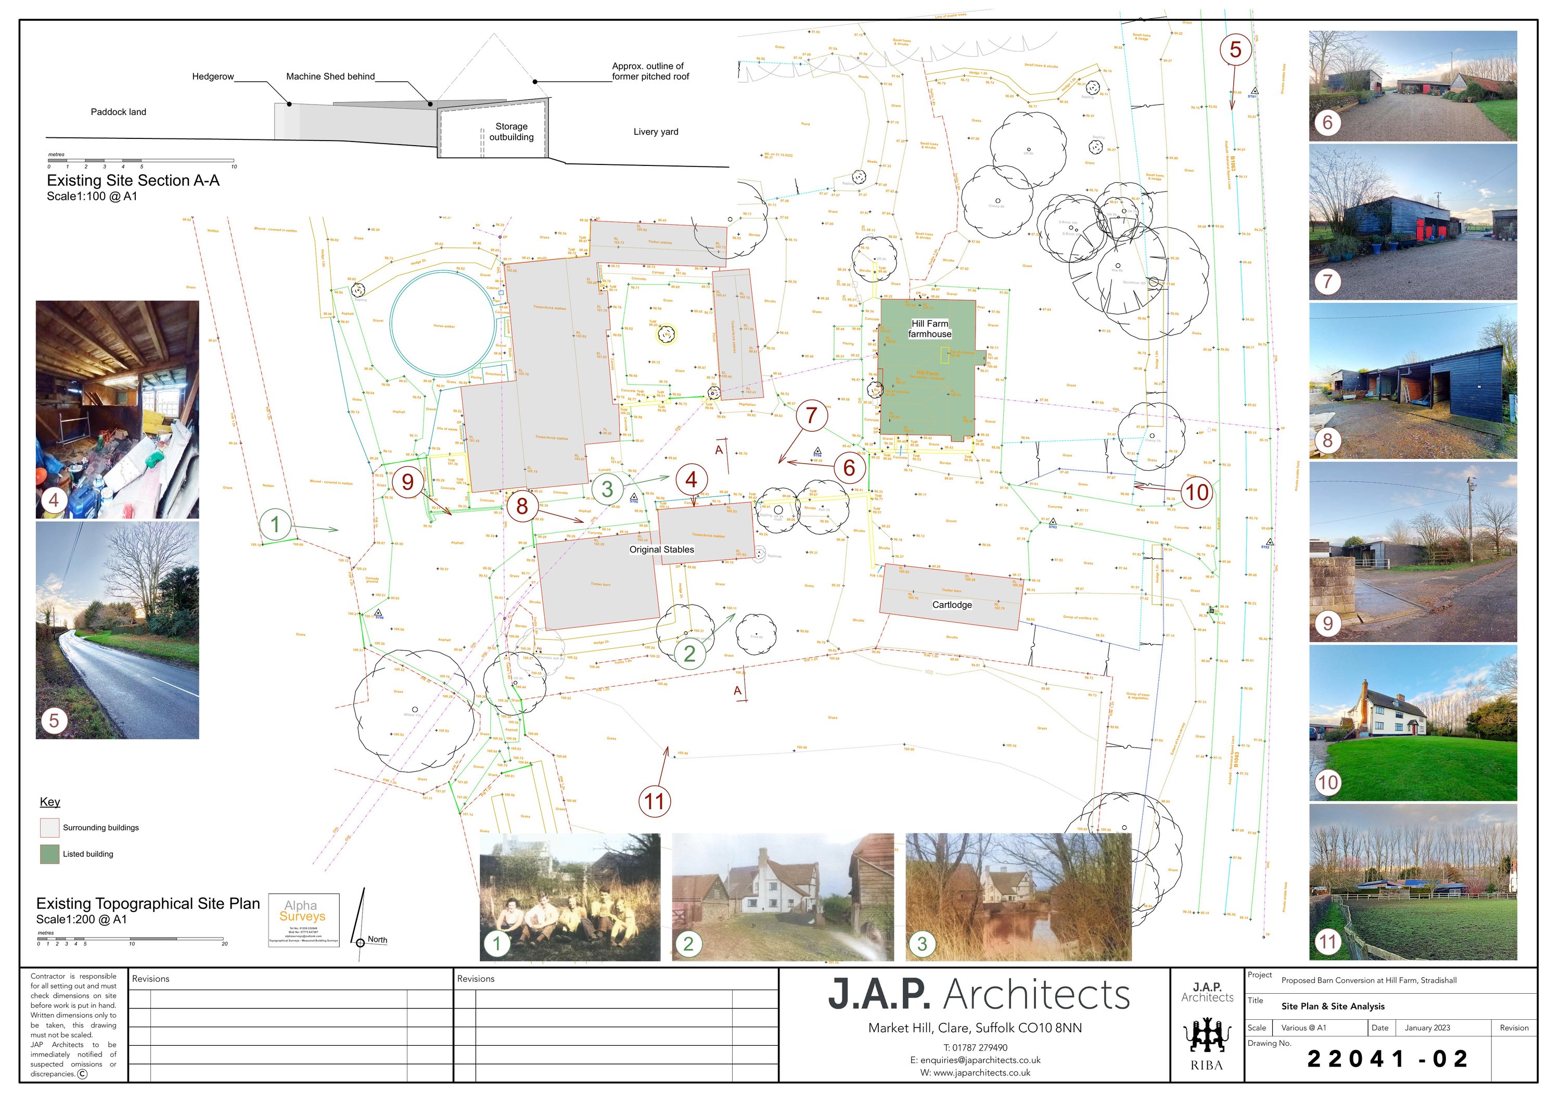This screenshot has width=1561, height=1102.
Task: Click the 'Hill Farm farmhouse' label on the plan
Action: (x=929, y=329)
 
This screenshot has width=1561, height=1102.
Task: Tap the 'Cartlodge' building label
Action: (x=952, y=605)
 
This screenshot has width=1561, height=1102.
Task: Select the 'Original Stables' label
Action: (x=661, y=549)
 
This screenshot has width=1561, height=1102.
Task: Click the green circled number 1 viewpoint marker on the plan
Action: (x=275, y=524)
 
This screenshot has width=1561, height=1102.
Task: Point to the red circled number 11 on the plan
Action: (x=654, y=801)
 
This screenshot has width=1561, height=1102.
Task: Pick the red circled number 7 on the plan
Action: (x=811, y=415)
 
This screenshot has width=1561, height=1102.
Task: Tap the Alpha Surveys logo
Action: (x=303, y=919)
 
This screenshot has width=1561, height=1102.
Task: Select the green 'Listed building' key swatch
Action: (x=49, y=854)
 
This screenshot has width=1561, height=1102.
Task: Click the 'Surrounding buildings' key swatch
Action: (x=49, y=828)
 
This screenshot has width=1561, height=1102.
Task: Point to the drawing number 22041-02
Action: (x=1388, y=1058)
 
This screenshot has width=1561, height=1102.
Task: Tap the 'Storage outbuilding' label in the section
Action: (x=511, y=132)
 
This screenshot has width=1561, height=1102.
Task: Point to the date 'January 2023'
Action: (x=1427, y=1028)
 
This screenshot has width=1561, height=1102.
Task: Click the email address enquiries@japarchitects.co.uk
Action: (x=975, y=1060)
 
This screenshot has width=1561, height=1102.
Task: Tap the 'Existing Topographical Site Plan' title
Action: (x=148, y=903)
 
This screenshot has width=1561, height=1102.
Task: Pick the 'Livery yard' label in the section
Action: (x=656, y=132)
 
